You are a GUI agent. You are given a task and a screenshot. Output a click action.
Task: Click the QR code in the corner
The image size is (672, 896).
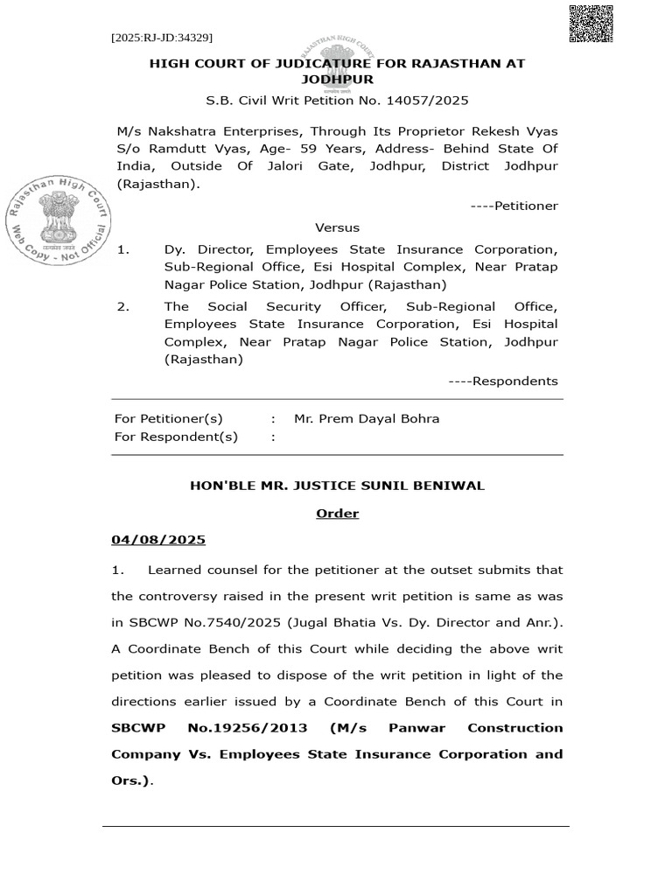(591, 24)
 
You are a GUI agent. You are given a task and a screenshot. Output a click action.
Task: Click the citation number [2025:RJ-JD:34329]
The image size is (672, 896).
(162, 38)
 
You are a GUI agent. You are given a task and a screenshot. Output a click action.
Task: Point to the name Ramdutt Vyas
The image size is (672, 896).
(178, 148)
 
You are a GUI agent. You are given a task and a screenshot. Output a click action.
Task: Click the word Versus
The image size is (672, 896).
(337, 227)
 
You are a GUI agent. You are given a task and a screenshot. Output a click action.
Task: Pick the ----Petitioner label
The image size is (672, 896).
(514, 206)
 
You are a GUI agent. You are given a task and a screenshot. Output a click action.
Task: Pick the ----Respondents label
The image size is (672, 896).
(502, 381)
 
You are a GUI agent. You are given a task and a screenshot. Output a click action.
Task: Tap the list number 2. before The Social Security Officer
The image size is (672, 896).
(123, 306)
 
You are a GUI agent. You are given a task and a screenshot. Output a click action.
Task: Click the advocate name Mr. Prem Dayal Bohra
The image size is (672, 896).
(367, 418)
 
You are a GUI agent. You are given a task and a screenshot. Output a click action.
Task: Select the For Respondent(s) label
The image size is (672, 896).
(176, 437)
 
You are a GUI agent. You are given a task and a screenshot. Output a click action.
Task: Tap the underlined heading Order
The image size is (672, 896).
(337, 513)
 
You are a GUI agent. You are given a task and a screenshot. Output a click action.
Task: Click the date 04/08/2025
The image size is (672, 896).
(157, 541)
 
